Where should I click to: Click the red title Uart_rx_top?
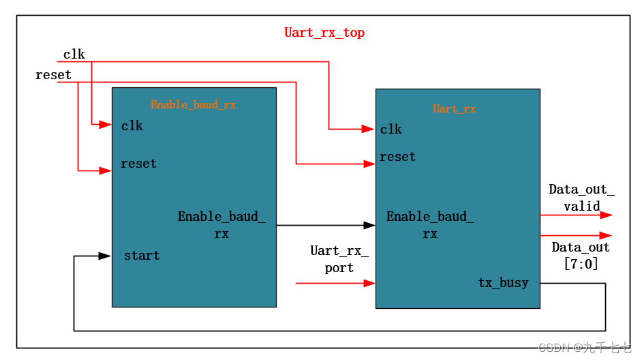tap(324, 33)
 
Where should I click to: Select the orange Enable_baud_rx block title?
tap(193, 105)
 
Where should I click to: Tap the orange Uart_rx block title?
tap(454, 109)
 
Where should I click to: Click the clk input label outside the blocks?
tap(74, 55)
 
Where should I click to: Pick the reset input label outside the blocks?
tap(53, 75)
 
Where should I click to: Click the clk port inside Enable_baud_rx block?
tap(132, 126)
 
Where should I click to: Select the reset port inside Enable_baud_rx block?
tap(138, 164)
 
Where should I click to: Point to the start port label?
tap(142, 256)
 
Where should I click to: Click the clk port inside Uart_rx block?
tap(391, 130)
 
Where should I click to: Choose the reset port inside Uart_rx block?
tap(397, 157)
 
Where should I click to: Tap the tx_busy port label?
tap(503, 283)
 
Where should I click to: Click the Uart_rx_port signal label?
tap(339, 259)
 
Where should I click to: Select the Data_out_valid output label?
tap(581, 198)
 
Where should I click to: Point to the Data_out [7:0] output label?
tap(581, 255)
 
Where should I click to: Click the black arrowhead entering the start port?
tap(105, 256)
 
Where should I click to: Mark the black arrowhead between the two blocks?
tap(369, 225)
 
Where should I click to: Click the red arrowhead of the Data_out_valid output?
tap(606, 215)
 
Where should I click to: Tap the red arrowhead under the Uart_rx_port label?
tap(369, 283)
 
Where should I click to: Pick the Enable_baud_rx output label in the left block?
tap(221, 225)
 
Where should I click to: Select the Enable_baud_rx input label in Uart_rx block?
tap(430, 225)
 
